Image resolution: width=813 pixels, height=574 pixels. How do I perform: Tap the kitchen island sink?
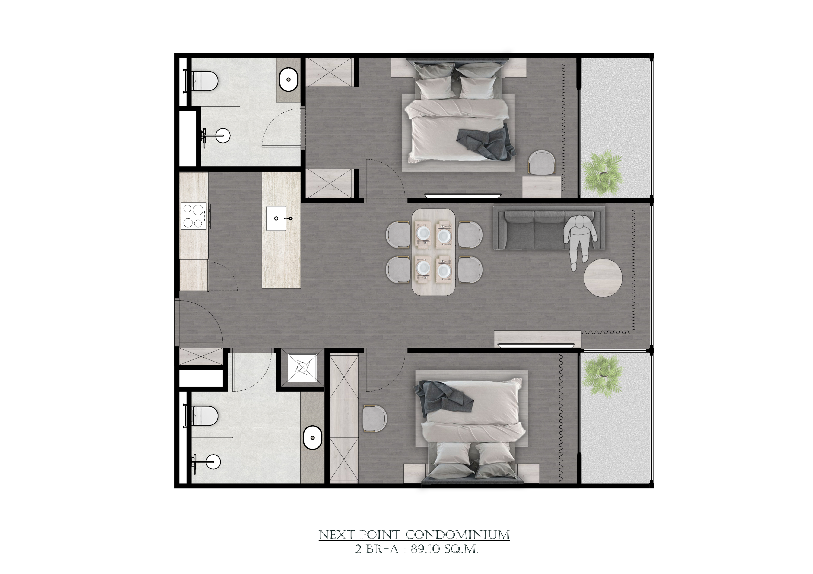(x=276, y=218)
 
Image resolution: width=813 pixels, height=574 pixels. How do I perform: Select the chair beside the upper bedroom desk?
(x=542, y=161)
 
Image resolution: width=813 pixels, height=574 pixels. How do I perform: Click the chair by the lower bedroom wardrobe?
(x=375, y=418)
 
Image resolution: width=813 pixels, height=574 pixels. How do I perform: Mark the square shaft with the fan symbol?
(x=302, y=368)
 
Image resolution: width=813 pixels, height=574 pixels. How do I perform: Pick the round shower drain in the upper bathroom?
(x=223, y=135)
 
